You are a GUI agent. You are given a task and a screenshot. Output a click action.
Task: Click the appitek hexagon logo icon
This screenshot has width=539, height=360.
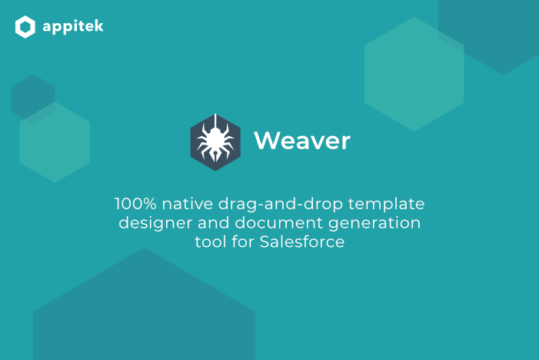(25, 28)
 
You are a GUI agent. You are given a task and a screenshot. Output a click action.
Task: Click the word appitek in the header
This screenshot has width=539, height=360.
(72, 27)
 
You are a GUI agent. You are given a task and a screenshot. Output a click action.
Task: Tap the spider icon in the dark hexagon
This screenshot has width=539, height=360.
(215, 141)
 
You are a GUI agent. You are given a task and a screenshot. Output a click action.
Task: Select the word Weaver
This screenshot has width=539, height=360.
(302, 141)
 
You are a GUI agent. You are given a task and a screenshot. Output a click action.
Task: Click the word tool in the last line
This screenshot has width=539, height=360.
(211, 242)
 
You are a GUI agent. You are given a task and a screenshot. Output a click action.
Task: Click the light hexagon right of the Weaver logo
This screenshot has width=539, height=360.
(414, 74)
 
